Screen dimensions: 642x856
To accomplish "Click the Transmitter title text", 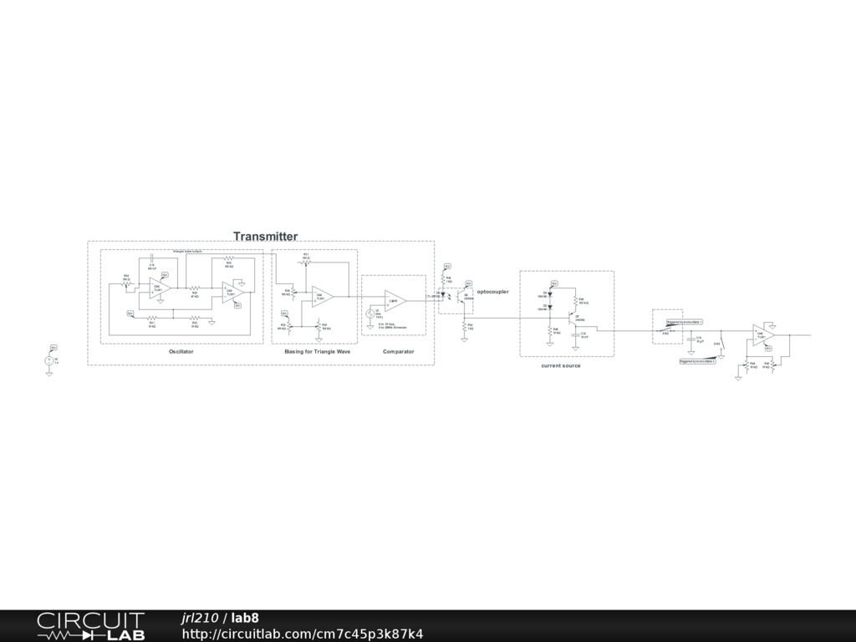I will pyautogui.click(x=265, y=237).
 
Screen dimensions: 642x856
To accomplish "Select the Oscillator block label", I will pyautogui.click(x=181, y=352).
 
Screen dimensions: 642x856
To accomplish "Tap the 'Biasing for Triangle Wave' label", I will pyautogui.click(x=317, y=352).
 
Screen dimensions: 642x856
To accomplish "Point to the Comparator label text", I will pyautogui.click(x=398, y=352).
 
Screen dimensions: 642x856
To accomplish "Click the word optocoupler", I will pyautogui.click(x=492, y=292).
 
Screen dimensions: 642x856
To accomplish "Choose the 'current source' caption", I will pyautogui.click(x=560, y=366).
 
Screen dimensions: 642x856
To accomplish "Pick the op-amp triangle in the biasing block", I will pyautogui.click(x=322, y=296).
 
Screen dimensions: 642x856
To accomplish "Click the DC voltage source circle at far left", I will pyautogui.click(x=48, y=360).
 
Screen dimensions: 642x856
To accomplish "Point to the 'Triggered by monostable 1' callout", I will pyautogui.click(x=684, y=321).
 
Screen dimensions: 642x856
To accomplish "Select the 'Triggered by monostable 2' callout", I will pyautogui.click(x=697, y=361).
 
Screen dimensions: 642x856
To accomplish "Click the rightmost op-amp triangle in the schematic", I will pyautogui.click(x=762, y=334).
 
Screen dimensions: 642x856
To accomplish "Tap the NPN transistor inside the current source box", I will pyautogui.click(x=571, y=318).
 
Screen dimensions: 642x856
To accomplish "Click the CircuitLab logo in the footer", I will pyautogui.click(x=90, y=626).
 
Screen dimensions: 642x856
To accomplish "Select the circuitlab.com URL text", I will pyautogui.click(x=302, y=634).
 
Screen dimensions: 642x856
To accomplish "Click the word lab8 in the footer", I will pyautogui.click(x=245, y=618).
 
